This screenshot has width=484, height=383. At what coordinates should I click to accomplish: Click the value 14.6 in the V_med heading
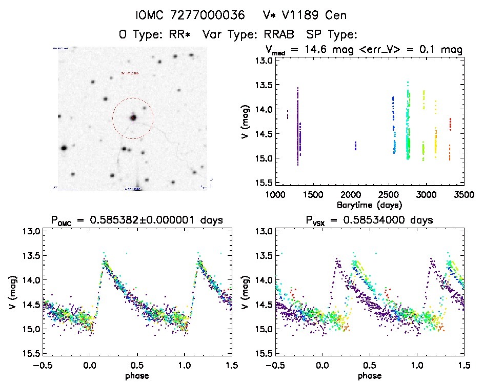tap(322, 50)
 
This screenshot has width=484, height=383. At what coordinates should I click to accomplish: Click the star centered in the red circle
tap(133, 118)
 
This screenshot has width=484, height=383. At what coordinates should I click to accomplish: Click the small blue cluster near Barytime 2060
tap(355, 146)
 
